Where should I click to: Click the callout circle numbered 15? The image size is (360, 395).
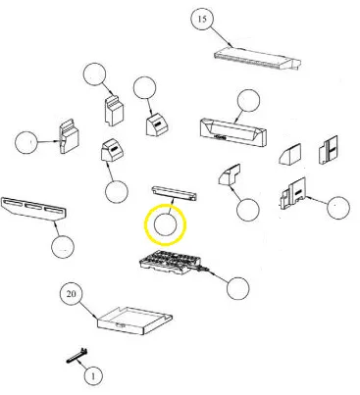pos(202,19)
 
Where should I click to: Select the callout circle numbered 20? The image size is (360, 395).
pos(72,294)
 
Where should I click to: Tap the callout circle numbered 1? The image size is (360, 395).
pos(93,376)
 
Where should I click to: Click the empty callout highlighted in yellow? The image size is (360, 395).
pos(165,225)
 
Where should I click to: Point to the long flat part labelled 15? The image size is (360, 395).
pos(257,59)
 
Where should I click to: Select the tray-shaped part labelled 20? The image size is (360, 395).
pos(135,321)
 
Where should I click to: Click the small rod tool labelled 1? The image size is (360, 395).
pos(77,356)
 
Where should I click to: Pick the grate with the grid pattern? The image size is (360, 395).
pos(171,264)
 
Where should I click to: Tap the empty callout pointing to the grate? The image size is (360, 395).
pos(237,288)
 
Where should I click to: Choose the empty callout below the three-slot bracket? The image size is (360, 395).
pos(63,247)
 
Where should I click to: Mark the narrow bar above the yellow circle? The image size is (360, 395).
pos(175,193)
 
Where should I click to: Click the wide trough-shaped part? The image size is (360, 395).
pos(232,133)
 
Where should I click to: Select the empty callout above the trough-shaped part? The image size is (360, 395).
pos(248,100)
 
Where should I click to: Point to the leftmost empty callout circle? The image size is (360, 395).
pos(26,142)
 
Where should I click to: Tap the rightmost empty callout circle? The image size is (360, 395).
pos(338,208)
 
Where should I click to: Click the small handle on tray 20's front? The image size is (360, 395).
pos(121,325)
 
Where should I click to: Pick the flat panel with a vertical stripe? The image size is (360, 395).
pos(328,150)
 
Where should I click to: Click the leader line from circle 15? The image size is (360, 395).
pos(221,36)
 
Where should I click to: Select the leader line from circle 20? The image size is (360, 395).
pos(87,311)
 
